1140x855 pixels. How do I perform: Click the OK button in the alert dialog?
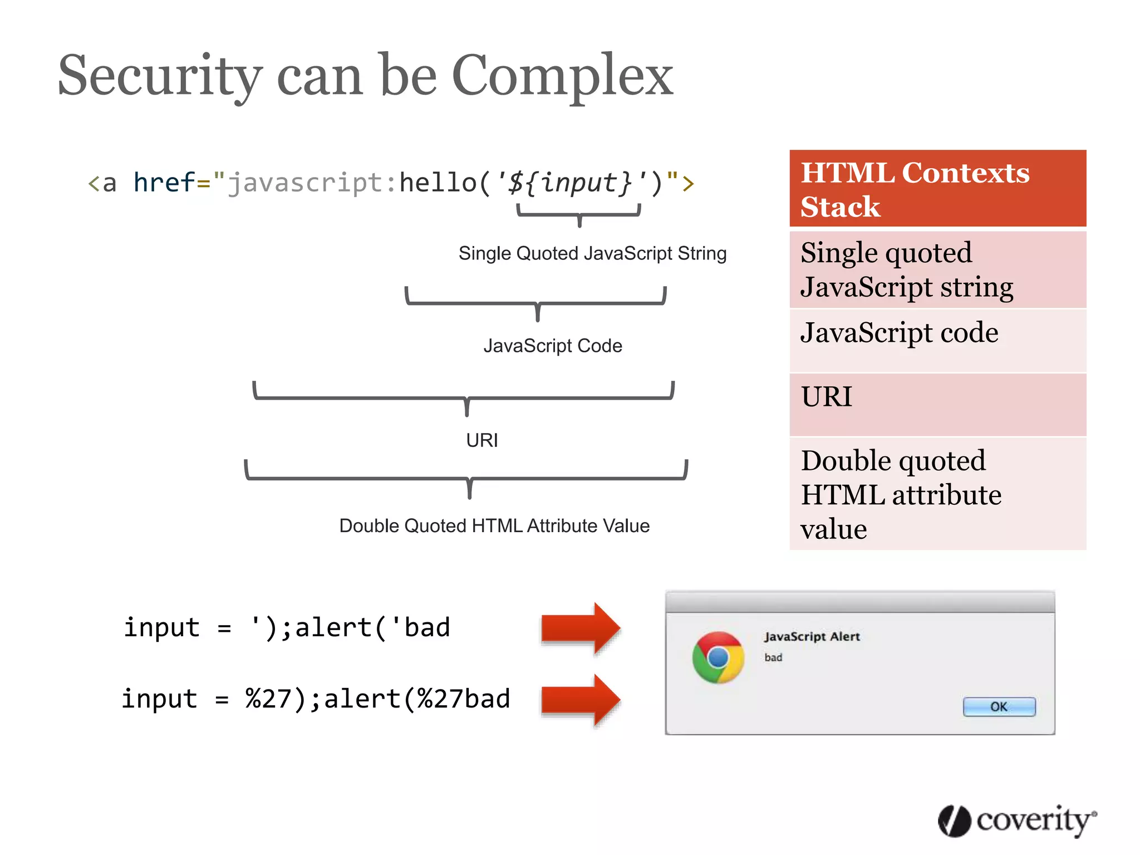coord(999,707)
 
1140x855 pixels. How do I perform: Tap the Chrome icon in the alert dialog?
coord(718,657)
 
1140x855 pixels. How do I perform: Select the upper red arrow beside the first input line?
coord(581,628)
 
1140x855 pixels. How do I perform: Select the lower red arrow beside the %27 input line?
coord(581,700)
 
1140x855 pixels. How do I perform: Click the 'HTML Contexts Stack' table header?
coord(937,189)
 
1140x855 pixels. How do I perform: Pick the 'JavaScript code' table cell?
coord(937,340)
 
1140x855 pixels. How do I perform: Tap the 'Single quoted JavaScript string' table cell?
coord(937,269)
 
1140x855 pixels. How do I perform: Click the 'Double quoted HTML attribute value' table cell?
coord(937,494)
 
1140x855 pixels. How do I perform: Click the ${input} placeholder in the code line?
coord(571,183)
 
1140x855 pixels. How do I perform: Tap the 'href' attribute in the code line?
coord(164,183)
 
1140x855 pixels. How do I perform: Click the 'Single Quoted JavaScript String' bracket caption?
coord(592,253)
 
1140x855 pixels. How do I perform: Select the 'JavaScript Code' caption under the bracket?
coord(552,346)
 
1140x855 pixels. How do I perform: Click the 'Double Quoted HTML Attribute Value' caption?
coord(494,525)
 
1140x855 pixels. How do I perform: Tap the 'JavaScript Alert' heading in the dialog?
coord(812,636)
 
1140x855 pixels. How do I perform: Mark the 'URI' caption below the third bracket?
coord(482,440)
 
